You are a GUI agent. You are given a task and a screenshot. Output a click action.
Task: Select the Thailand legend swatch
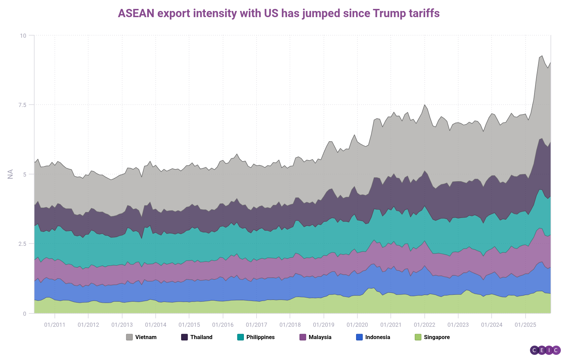pyautogui.click(x=185, y=337)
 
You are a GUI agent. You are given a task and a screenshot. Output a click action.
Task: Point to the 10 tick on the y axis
pyautogui.click(x=23, y=35)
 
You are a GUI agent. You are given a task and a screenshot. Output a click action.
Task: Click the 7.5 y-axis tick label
pyautogui.click(x=22, y=105)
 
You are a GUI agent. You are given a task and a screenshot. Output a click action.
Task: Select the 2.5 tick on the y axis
pyautogui.click(x=22, y=244)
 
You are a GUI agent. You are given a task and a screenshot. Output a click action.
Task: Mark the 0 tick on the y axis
pyautogui.click(x=24, y=313)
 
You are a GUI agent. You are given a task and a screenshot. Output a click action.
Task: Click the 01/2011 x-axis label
pyautogui.click(x=55, y=325)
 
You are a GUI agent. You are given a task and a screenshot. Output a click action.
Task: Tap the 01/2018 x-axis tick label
pyautogui.click(x=290, y=325)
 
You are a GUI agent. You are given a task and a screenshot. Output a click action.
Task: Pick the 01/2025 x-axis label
pyautogui.click(x=525, y=325)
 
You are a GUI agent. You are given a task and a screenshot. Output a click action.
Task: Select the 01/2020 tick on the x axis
pyautogui.click(x=357, y=325)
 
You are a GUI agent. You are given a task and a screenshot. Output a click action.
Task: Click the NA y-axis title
pyautogui.click(x=10, y=174)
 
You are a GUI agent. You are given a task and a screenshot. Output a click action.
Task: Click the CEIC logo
pyautogui.click(x=545, y=350)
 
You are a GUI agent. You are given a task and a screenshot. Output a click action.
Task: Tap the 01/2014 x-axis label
pyautogui.click(x=155, y=325)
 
